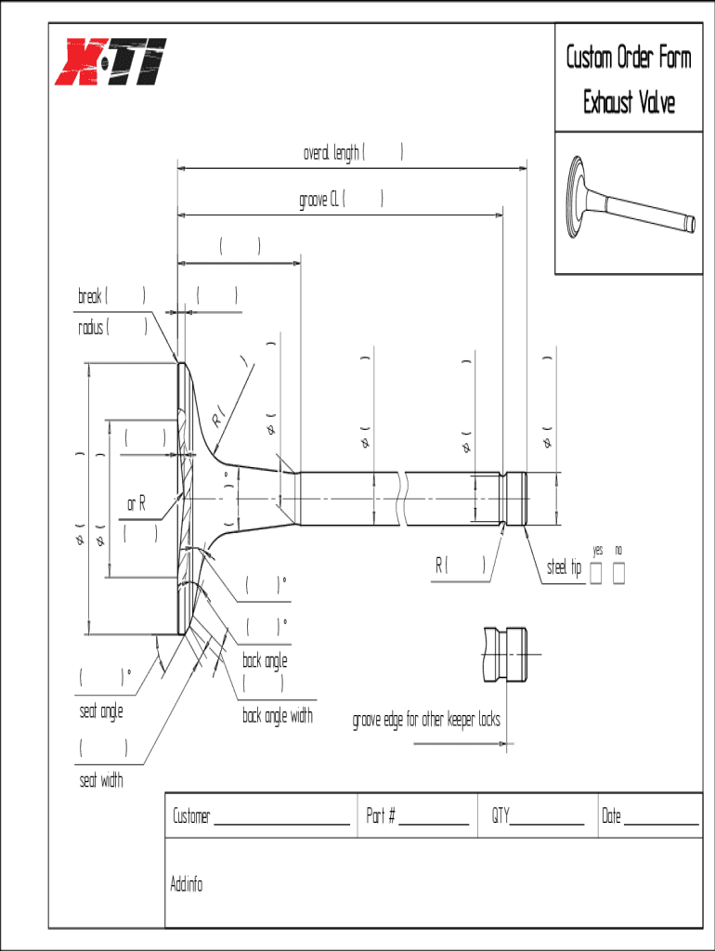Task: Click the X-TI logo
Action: (x=110, y=60)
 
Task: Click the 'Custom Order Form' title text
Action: (x=629, y=58)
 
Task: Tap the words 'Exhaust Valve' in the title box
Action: (x=629, y=101)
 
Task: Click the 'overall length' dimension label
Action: (x=331, y=153)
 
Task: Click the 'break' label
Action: (x=90, y=296)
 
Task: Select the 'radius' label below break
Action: (x=92, y=327)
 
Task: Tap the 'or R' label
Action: (x=136, y=503)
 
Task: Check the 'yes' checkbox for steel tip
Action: (x=596, y=574)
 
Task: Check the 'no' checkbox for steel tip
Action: (x=618, y=574)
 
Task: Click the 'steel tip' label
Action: (x=563, y=567)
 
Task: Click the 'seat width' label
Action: (x=101, y=781)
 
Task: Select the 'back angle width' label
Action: (x=278, y=716)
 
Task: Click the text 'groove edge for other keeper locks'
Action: (x=426, y=720)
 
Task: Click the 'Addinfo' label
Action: (x=187, y=883)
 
